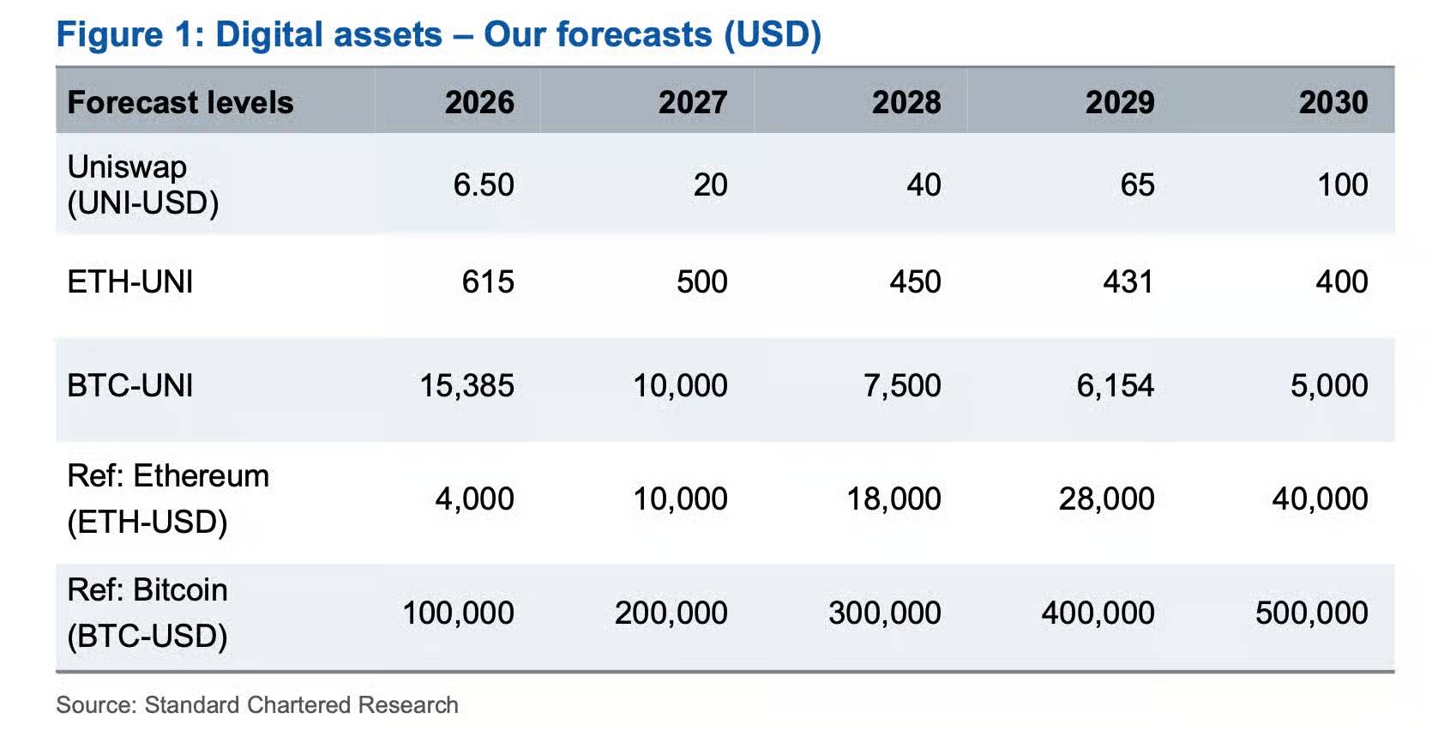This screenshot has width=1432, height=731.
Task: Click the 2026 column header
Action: (479, 102)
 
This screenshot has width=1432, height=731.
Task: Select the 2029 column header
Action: (1120, 102)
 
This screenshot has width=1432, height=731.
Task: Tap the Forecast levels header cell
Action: (180, 102)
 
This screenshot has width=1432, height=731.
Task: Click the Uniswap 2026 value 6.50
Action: (484, 184)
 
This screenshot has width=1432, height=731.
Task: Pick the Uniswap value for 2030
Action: (1343, 184)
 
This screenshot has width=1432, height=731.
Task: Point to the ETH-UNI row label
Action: (129, 282)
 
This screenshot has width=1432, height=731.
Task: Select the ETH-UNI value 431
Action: (1128, 282)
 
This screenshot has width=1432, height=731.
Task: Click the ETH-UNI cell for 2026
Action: (488, 282)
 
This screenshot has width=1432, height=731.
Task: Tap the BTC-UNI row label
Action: (129, 385)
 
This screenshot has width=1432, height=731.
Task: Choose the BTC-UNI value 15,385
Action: (466, 386)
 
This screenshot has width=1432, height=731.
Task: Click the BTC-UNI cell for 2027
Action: (680, 386)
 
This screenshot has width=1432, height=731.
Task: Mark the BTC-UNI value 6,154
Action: (1116, 386)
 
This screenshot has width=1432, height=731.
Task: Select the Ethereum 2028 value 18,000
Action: (893, 499)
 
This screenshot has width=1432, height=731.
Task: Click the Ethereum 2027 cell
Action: (680, 499)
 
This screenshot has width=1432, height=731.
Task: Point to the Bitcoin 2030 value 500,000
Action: (1312, 613)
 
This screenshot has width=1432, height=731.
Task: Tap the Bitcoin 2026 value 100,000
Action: (459, 613)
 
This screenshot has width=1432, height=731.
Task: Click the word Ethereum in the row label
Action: (201, 476)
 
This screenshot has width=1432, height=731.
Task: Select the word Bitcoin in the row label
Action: (180, 589)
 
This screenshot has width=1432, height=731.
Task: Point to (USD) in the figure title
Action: (773, 34)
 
